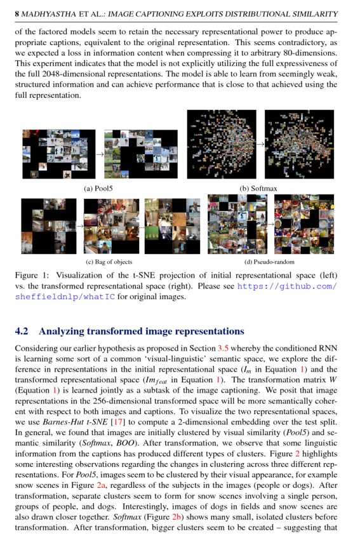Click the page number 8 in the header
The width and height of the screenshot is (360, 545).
17,13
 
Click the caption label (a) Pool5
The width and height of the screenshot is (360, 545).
98,188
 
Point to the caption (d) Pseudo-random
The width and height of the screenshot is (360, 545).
269,262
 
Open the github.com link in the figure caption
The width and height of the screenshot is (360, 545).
286,286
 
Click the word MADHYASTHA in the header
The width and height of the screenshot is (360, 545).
48,13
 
